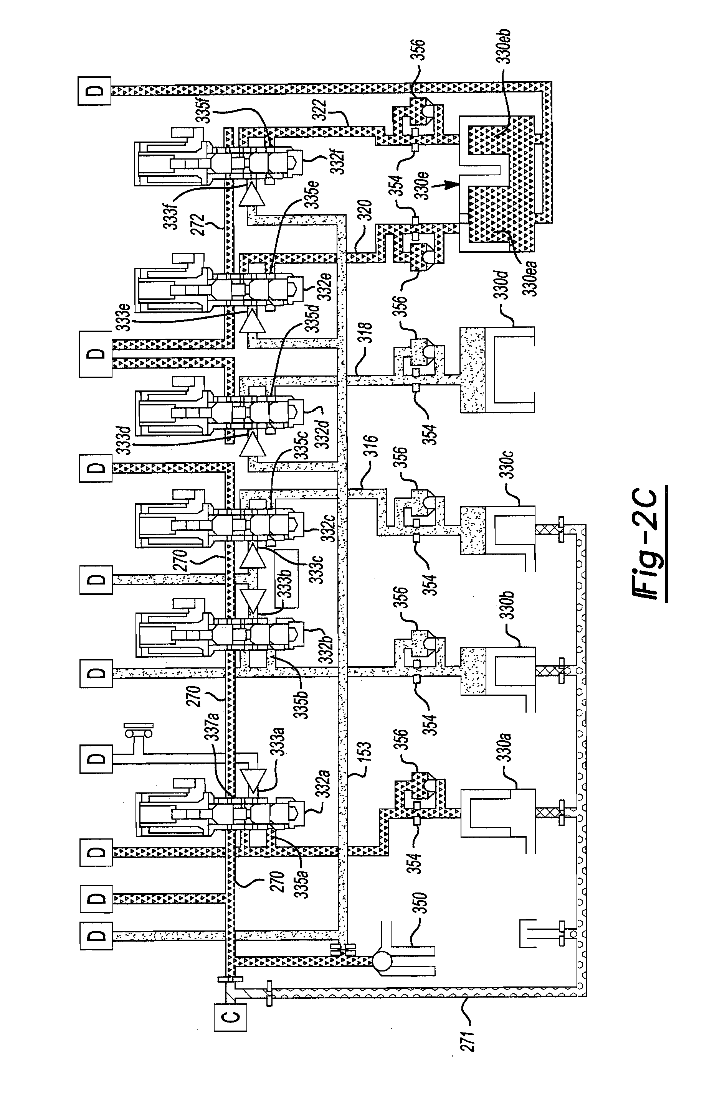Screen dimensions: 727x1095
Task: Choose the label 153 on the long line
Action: [364, 757]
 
